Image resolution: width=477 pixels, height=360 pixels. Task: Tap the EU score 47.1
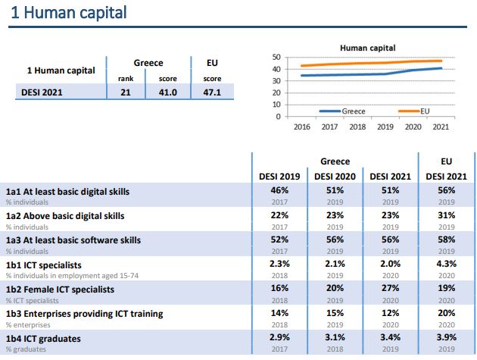pos(212,92)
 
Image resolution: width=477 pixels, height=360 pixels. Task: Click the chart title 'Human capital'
pos(367,48)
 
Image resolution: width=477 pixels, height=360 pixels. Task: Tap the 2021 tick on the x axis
pos(440,127)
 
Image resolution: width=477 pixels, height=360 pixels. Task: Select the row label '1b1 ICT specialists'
pos(45,265)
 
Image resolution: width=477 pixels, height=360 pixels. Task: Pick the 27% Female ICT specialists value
pos(390,289)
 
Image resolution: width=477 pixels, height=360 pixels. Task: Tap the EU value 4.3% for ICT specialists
pos(446,265)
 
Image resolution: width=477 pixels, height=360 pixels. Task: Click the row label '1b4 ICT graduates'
pos(43,338)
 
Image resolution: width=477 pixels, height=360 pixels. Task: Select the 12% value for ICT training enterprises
pos(390,313)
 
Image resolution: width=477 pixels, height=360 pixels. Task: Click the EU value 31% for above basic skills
pos(446,216)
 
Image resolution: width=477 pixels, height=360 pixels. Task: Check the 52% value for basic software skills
pos(281,240)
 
